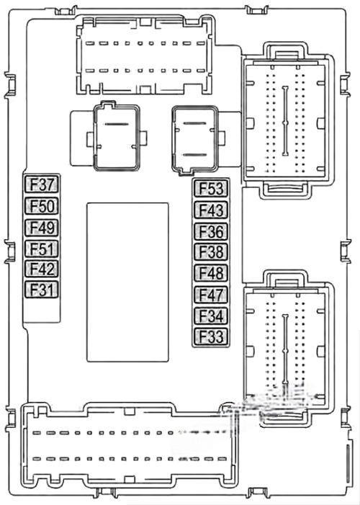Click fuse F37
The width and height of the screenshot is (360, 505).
point(42,184)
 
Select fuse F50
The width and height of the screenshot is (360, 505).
point(42,206)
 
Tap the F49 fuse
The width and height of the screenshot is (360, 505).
point(42,228)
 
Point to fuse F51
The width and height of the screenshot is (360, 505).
point(42,249)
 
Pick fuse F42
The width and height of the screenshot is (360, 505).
point(42,269)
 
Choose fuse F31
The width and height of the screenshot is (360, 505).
point(42,289)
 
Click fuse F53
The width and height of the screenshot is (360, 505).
point(211,189)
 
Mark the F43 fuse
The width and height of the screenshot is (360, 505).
point(211,210)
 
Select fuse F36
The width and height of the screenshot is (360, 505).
point(211,231)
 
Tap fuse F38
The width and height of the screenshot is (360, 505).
point(211,251)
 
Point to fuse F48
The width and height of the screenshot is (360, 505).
point(211,273)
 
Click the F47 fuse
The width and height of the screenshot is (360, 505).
point(211,295)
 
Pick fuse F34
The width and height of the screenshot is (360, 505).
point(211,316)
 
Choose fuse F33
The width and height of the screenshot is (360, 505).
point(211,336)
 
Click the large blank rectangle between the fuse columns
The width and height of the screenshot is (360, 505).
point(127,282)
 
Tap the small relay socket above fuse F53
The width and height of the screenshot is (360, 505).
point(195,140)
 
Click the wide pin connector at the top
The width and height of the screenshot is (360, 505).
point(145,55)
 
